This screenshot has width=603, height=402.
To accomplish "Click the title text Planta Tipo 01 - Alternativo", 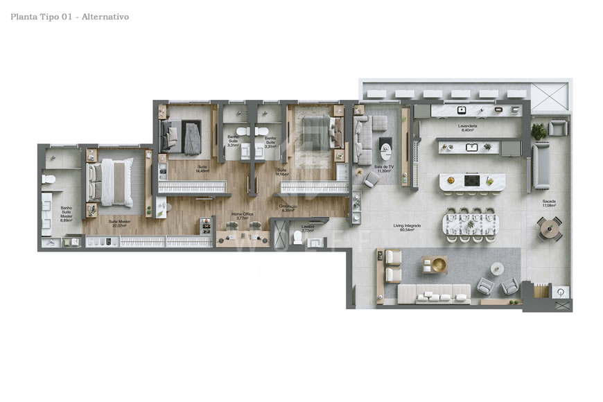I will (x=70, y=16).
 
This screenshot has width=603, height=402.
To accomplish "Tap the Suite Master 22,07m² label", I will (x=119, y=223).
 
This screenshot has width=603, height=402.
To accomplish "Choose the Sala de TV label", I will (x=384, y=168).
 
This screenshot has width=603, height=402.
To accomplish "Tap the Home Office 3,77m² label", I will (x=242, y=216).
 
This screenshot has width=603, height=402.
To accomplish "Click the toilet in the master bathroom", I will (x=48, y=180).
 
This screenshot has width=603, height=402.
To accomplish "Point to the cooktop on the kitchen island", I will (x=472, y=181).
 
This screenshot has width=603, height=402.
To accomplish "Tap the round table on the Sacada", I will (x=549, y=227).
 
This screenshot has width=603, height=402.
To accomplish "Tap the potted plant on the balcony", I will (x=539, y=130).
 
